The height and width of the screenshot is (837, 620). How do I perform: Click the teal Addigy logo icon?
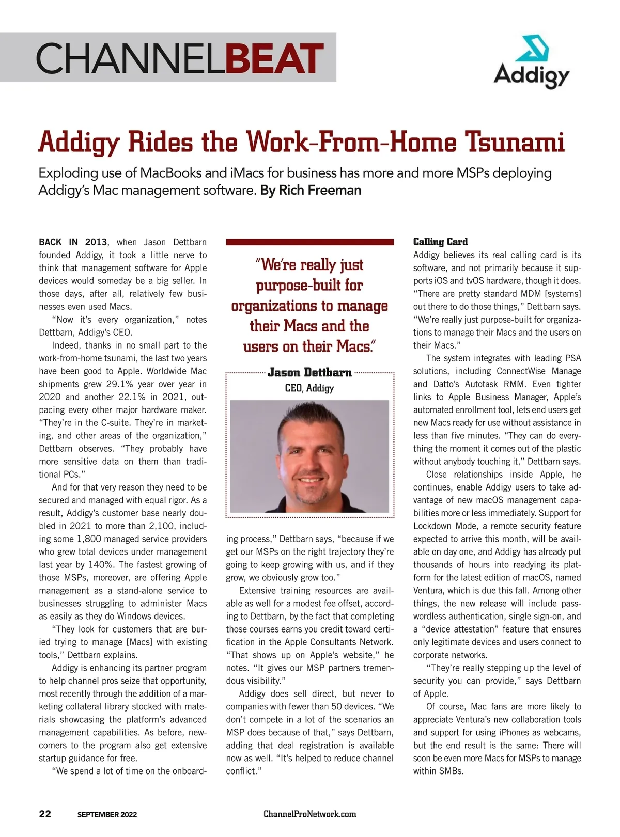(532, 49)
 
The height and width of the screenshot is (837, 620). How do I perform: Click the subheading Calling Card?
(440, 242)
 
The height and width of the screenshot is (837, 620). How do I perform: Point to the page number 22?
(45, 814)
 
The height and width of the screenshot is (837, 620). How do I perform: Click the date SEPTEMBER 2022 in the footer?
(107, 814)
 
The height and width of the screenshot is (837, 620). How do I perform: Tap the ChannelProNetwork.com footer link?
(309, 814)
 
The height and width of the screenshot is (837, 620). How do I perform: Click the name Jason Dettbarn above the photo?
(309, 372)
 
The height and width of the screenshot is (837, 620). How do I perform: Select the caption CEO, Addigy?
(309, 388)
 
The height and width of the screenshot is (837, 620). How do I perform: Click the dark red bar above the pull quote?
(309, 242)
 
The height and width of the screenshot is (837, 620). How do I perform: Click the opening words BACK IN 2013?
(73, 242)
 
